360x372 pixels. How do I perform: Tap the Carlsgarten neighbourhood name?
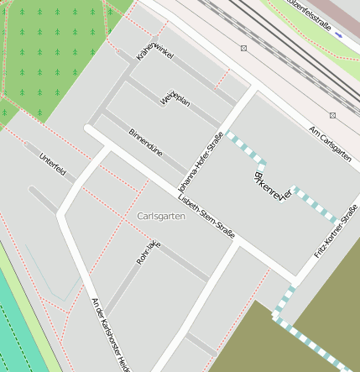click(160, 216)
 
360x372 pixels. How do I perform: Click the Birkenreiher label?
click(270, 185)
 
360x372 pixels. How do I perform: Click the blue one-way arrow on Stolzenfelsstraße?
click(338, 36)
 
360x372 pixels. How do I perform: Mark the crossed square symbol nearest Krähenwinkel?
click(243, 48)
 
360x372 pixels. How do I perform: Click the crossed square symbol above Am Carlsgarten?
click(332, 114)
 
